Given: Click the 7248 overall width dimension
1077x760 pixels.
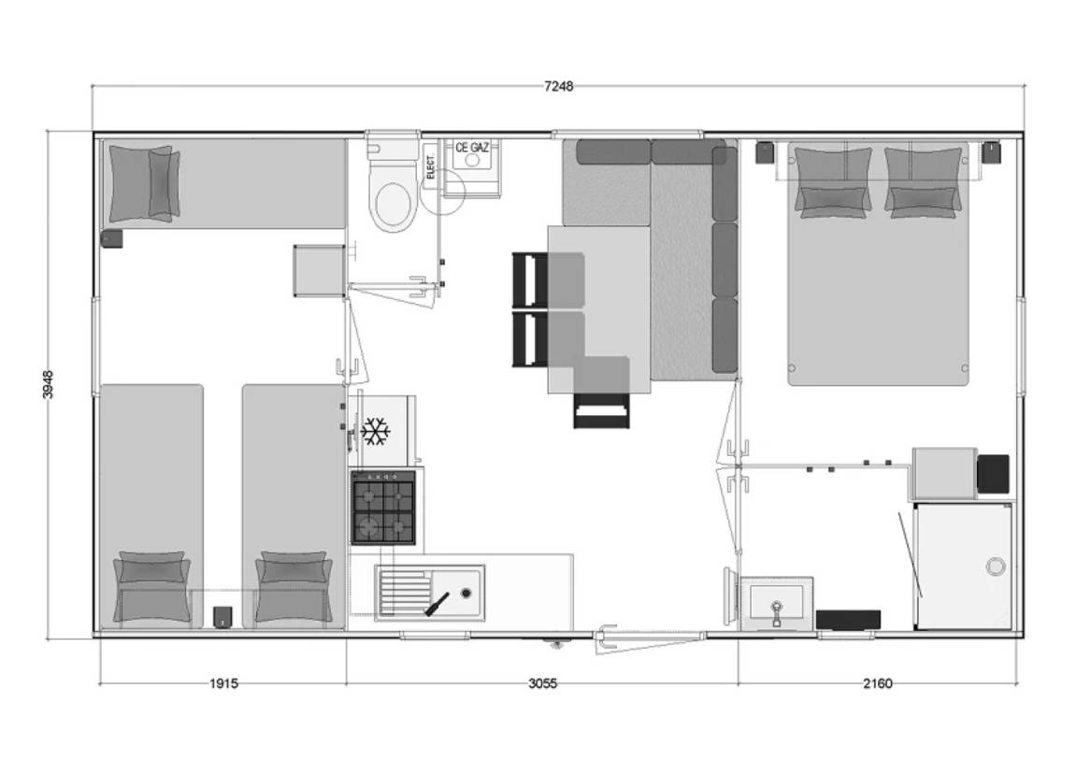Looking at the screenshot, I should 558,86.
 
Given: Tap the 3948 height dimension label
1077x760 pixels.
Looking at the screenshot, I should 48,384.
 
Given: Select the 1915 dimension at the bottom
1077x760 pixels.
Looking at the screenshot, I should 223,683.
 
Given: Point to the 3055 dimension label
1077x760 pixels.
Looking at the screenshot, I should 542,683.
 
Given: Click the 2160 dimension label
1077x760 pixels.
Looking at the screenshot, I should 877,683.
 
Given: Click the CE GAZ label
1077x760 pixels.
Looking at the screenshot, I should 472,147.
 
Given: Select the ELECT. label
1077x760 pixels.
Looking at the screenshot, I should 431,165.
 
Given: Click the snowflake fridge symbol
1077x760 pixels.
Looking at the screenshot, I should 375,431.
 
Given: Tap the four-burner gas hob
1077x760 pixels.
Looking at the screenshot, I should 383,507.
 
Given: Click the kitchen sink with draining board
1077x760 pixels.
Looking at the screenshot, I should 429,592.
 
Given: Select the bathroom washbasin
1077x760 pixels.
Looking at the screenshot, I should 776,599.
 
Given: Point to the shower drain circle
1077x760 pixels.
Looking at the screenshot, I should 997,565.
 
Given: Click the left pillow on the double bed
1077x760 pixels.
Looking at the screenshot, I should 831,181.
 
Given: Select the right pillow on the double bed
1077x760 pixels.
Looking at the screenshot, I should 923,181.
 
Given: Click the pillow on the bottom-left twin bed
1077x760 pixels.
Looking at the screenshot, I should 151,586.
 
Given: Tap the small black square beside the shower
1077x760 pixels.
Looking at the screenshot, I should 992,474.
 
